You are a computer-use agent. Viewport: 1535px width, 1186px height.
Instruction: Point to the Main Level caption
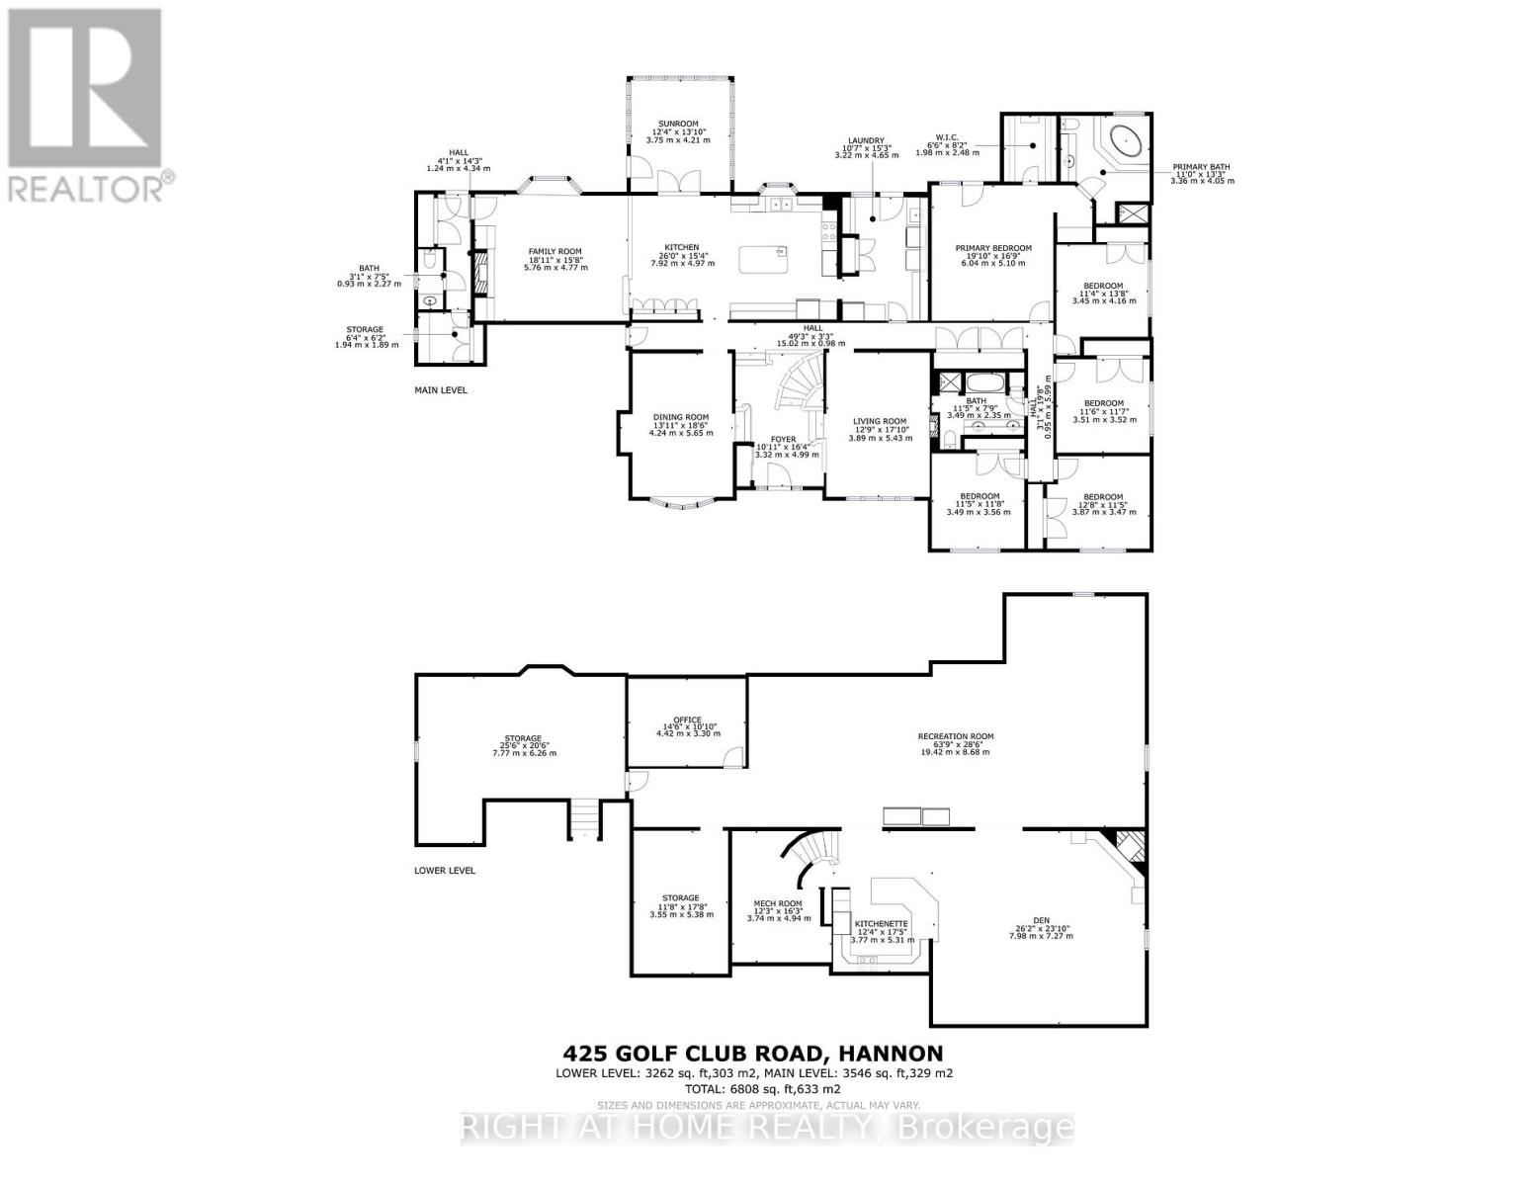(x=440, y=390)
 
